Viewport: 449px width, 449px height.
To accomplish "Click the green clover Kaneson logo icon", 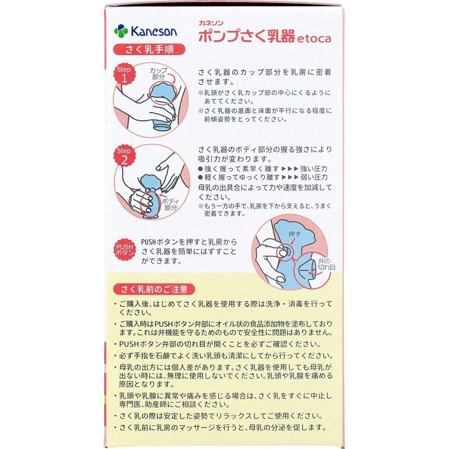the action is coord(121,31).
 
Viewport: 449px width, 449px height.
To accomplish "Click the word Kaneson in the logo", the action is coord(154,31).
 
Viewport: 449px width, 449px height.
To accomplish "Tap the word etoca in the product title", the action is coord(314,38).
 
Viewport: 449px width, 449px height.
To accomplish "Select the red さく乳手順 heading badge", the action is coord(149,49).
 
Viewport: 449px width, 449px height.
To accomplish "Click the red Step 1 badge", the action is coord(124,74).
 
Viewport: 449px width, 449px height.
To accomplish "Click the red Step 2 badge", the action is coord(124,155).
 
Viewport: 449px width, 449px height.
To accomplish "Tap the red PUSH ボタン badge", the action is coord(124,250).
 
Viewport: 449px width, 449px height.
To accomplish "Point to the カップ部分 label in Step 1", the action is coord(158,73).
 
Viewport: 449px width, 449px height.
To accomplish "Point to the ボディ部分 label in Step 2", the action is coord(170,204).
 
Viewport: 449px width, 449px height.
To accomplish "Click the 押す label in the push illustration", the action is coord(295,234).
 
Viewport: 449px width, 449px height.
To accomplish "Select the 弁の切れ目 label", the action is coord(326,264).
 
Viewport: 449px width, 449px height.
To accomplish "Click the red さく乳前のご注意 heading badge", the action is coord(154,289).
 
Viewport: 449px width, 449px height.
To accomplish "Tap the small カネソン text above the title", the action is coord(211,23).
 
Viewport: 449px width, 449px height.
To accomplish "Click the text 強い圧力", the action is coord(313,169).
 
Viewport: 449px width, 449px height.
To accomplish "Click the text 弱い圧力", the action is coord(314,177).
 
